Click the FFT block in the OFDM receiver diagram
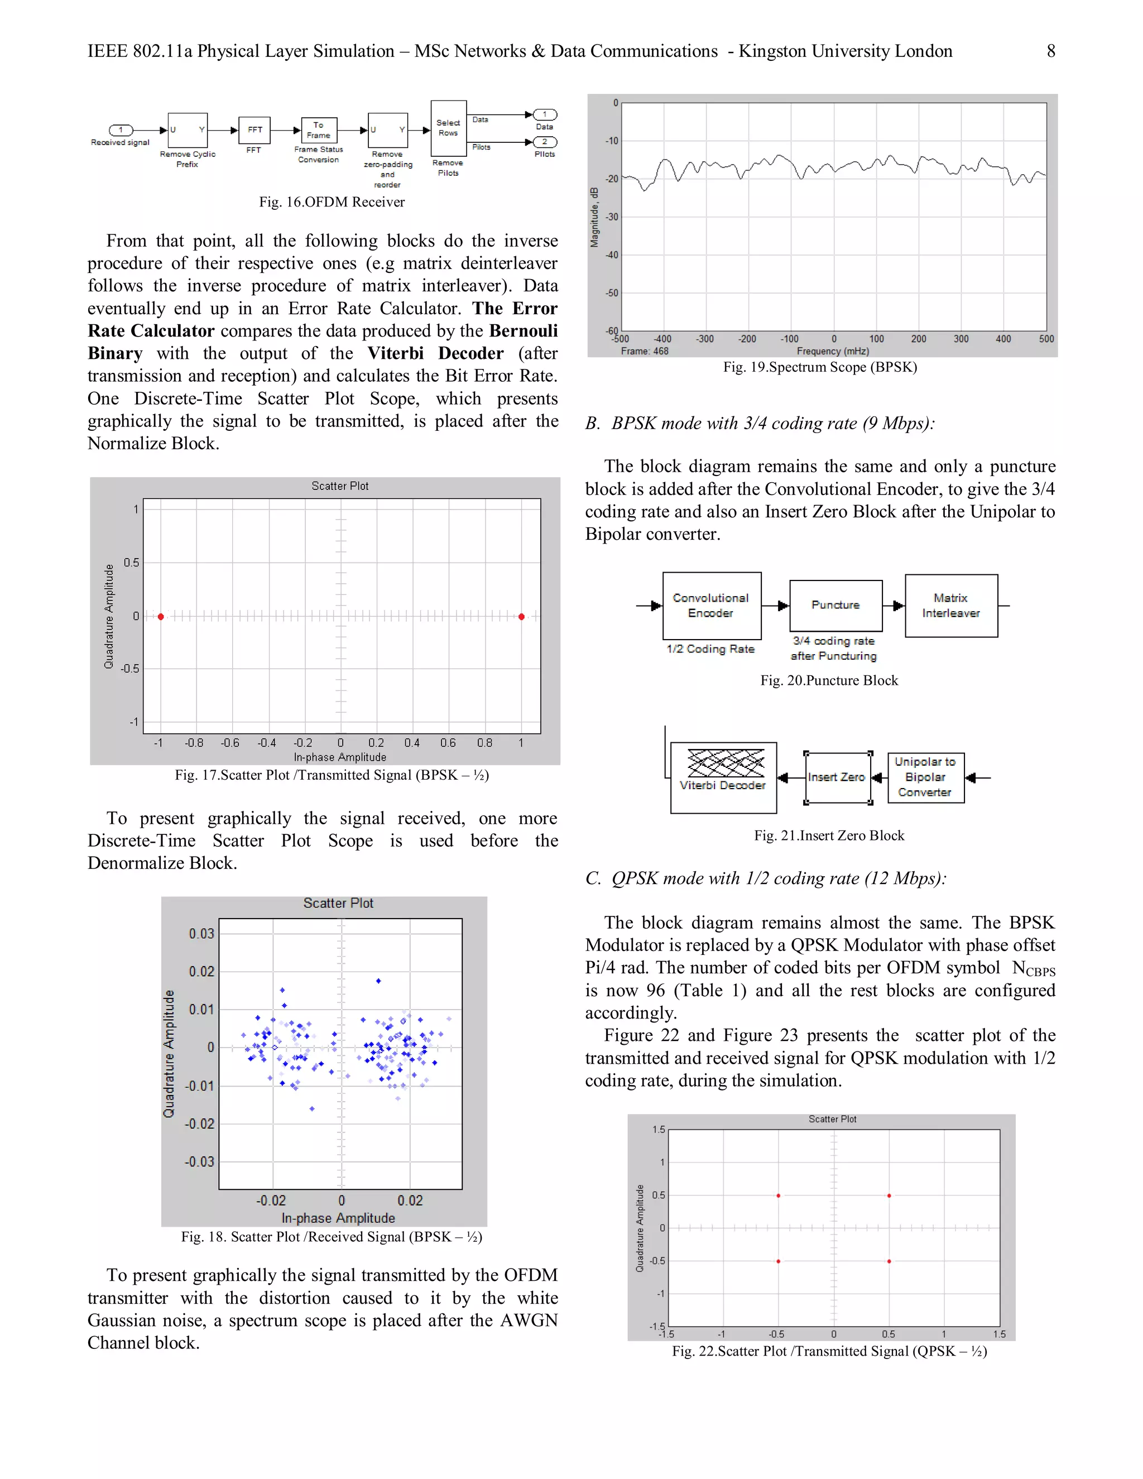click(x=254, y=129)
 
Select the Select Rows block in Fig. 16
click(x=448, y=128)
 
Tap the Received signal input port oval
click(x=121, y=130)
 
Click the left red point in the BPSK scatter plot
click(x=161, y=616)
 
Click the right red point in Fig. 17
click(x=521, y=616)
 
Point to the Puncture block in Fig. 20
click(x=835, y=605)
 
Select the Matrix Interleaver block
click(x=950, y=606)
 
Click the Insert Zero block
click(x=837, y=777)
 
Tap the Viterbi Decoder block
click(x=723, y=777)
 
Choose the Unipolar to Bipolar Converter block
click(x=925, y=777)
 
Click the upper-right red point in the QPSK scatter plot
click(x=889, y=1195)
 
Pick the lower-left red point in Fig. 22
click(x=778, y=1261)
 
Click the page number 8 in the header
click(x=1050, y=51)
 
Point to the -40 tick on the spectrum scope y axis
click(x=612, y=255)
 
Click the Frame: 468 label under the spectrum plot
click(x=644, y=351)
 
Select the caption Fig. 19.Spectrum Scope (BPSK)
click(x=819, y=367)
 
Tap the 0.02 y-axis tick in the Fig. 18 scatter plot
click(x=201, y=971)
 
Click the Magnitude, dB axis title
click(x=594, y=217)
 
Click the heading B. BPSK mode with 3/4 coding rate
click(x=760, y=423)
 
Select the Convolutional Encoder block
click(x=711, y=606)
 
